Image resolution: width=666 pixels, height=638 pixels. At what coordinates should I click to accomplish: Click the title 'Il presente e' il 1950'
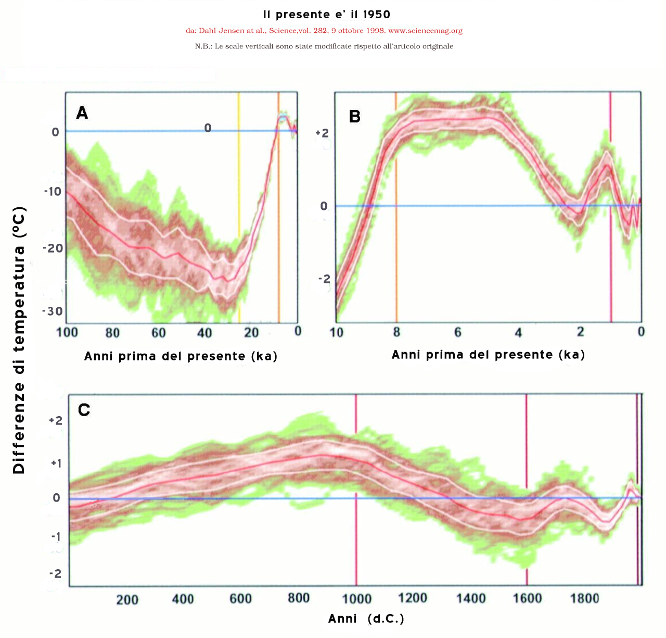tap(326, 15)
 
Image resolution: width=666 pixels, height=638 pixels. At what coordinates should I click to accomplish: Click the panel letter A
tap(82, 112)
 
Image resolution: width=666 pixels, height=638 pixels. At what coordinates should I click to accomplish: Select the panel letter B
tap(354, 116)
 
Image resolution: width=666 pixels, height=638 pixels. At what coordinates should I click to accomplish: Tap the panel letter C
tap(84, 410)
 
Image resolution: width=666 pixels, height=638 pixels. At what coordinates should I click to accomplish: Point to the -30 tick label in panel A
tap(52, 311)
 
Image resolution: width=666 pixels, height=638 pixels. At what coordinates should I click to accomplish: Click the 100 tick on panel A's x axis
tap(67, 332)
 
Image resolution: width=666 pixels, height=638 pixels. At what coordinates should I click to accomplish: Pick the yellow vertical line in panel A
tap(239, 208)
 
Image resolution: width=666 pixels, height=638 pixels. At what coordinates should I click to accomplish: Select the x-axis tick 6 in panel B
tap(457, 332)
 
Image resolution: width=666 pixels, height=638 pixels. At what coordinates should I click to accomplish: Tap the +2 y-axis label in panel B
tap(322, 133)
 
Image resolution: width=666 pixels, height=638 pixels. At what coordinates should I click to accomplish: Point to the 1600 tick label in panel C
tap(527, 598)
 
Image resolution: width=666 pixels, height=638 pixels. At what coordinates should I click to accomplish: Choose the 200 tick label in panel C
tap(127, 599)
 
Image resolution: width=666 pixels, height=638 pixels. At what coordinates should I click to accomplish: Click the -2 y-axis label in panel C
tap(55, 573)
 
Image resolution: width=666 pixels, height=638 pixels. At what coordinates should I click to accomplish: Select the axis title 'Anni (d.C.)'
tap(366, 619)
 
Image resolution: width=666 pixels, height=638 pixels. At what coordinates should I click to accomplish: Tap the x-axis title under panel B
tap(488, 355)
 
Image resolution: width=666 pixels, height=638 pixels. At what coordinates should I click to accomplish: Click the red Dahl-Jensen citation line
tap(324, 31)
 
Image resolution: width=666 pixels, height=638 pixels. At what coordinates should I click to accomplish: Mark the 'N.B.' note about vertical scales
tap(324, 46)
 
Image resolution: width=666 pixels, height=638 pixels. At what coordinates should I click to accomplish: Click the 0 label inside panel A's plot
tap(208, 128)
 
